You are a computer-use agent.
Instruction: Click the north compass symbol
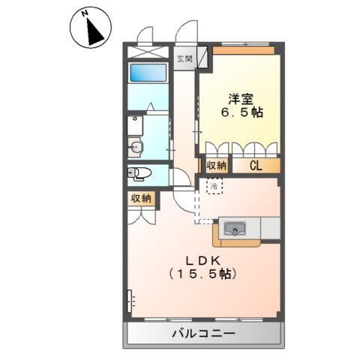[88, 28]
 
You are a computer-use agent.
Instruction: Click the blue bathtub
[146, 73]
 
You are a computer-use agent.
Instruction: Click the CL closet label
[256, 166]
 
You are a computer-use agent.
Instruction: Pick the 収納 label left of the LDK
[140, 199]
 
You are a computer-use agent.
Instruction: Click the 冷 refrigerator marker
[214, 184]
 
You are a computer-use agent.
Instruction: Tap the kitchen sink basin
[232, 228]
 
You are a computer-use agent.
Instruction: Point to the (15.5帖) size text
[202, 275]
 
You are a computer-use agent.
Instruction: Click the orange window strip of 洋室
[241, 51]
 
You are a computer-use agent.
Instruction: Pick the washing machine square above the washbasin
[133, 122]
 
